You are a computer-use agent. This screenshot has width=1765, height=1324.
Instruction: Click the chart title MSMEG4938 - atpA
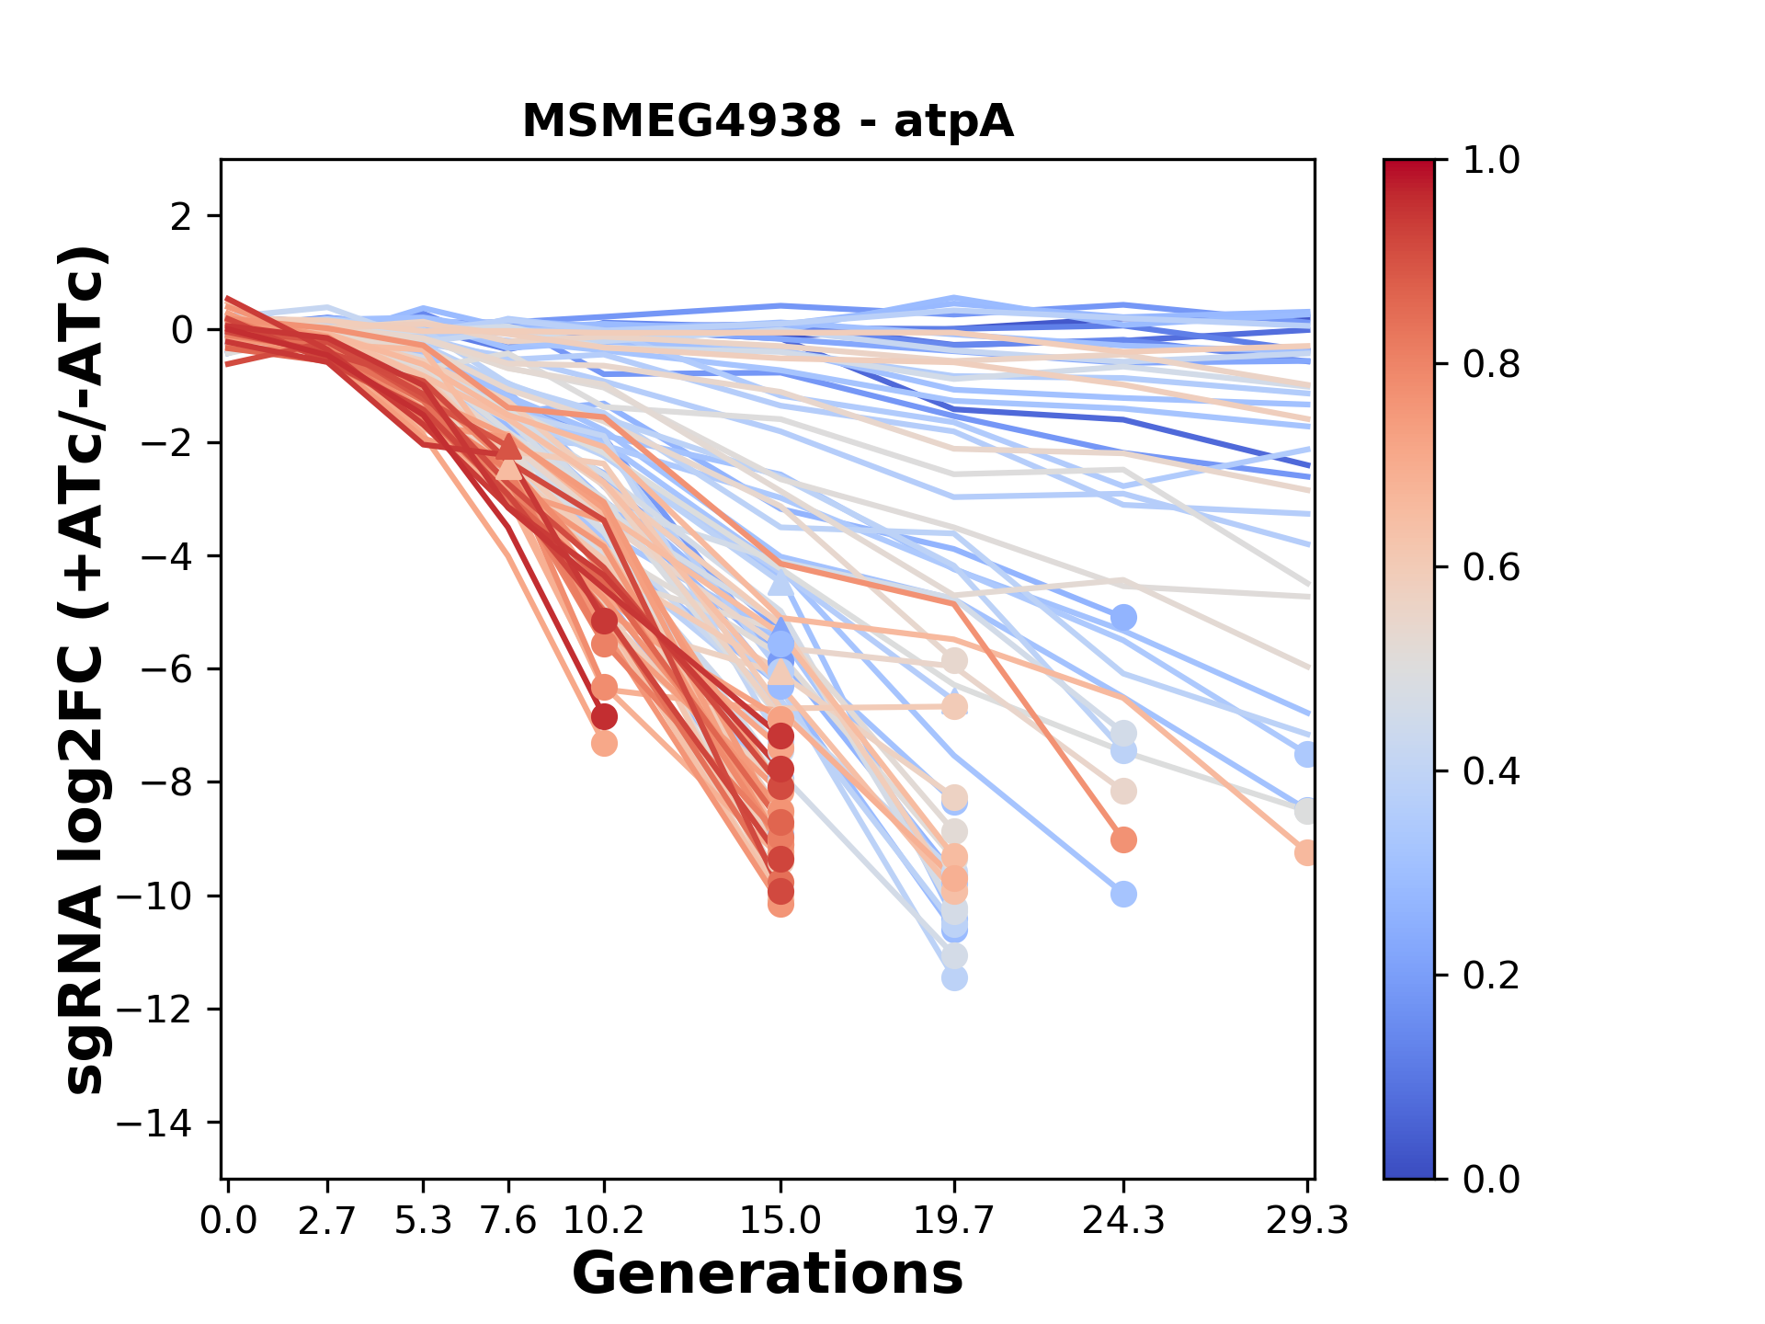(768, 121)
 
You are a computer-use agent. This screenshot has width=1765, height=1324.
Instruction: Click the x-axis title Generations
(768, 1274)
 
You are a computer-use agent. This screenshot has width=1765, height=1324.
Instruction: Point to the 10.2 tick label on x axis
(604, 1221)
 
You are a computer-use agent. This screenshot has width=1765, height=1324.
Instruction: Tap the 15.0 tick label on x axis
(780, 1221)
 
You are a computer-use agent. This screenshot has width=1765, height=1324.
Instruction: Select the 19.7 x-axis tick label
(954, 1221)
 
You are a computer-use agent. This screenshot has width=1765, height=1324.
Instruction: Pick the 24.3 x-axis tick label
(1123, 1221)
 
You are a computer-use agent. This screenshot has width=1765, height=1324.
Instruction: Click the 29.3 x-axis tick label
(1306, 1221)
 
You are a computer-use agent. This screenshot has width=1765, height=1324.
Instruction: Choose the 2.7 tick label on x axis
(327, 1221)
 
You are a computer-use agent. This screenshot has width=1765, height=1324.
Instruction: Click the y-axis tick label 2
(182, 216)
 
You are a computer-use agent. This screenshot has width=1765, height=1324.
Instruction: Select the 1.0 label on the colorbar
(1491, 161)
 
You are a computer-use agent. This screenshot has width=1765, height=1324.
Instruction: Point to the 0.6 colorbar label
(1491, 568)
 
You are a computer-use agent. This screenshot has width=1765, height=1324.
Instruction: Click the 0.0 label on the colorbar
(1491, 1180)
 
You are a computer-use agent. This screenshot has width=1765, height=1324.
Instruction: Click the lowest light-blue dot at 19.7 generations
(954, 977)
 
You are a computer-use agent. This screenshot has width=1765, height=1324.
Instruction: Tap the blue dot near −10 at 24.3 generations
(1123, 894)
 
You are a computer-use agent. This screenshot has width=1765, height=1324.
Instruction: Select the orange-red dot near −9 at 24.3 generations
(1123, 839)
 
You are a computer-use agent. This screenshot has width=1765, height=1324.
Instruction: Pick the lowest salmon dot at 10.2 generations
(604, 743)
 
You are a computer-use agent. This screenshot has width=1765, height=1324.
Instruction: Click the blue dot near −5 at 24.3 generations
(1123, 617)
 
